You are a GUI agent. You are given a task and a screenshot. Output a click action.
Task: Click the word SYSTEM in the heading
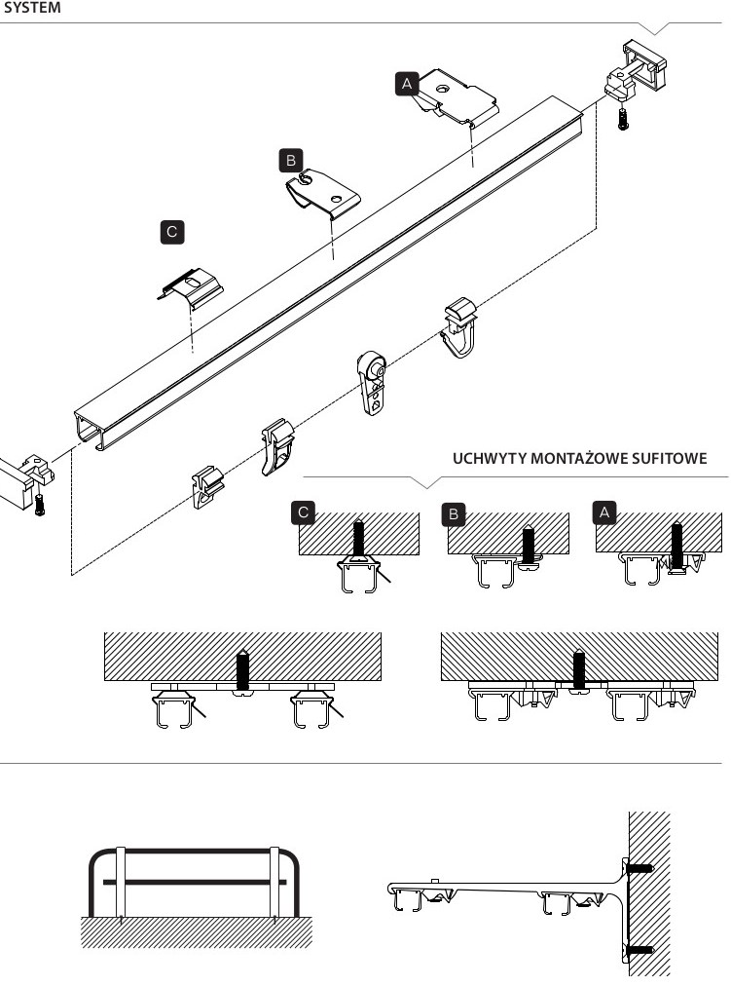32,8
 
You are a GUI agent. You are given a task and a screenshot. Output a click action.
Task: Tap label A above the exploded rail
407,84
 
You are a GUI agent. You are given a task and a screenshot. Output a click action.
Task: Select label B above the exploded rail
291,161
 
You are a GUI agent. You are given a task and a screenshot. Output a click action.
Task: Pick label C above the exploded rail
172,232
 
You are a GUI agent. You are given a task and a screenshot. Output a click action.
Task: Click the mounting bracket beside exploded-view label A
457,97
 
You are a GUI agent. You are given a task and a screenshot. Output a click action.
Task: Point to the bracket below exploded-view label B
323,192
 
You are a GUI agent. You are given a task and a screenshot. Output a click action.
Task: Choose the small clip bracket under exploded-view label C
191,288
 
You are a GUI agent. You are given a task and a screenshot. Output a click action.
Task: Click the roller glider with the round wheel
373,382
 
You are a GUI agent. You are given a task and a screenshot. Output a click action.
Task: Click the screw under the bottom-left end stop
40,505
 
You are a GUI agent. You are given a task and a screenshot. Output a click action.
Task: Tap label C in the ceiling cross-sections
304,512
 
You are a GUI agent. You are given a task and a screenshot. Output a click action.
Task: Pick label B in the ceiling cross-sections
454,513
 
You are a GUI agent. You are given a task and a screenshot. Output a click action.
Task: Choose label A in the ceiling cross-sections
604,512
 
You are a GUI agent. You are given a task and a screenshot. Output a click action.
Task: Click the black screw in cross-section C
358,540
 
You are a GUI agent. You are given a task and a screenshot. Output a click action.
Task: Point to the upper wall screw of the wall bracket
640,868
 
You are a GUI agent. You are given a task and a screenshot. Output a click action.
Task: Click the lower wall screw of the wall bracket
640,950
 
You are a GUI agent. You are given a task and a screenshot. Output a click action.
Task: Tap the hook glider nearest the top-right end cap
459,327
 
